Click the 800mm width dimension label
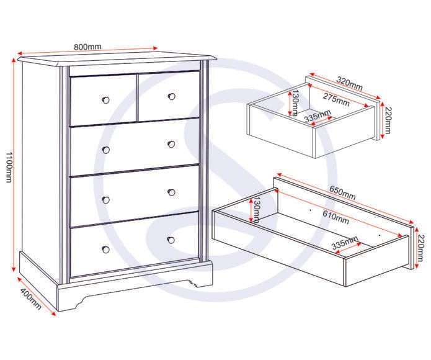click(87, 47)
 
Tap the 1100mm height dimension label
click(9, 167)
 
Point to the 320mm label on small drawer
click(350, 84)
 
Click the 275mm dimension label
click(336, 99)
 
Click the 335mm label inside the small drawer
click(318, 116)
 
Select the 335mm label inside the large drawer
click(345, 242)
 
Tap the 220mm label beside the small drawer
click(387, 120)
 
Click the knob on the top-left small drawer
click(105, 100)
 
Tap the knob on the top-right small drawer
click(172, 97)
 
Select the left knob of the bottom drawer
click(106, 250)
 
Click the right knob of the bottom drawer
click(171, 240)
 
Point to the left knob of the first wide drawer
click(106, 150)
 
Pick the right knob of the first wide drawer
click(171, 144)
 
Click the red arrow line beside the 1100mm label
click(14, 164)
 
